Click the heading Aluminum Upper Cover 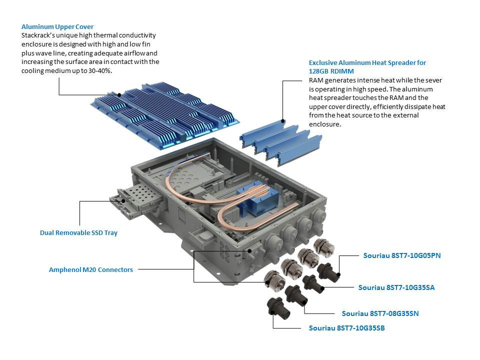[x=57, y=26]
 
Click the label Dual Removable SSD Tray [x=78, y=232]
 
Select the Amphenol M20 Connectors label [x=90, y=269]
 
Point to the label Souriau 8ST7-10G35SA [x=396, y=287]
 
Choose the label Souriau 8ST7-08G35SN [x=380, y=313]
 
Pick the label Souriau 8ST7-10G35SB [x=346, y=328]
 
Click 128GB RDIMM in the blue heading [x=331, y=71]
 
